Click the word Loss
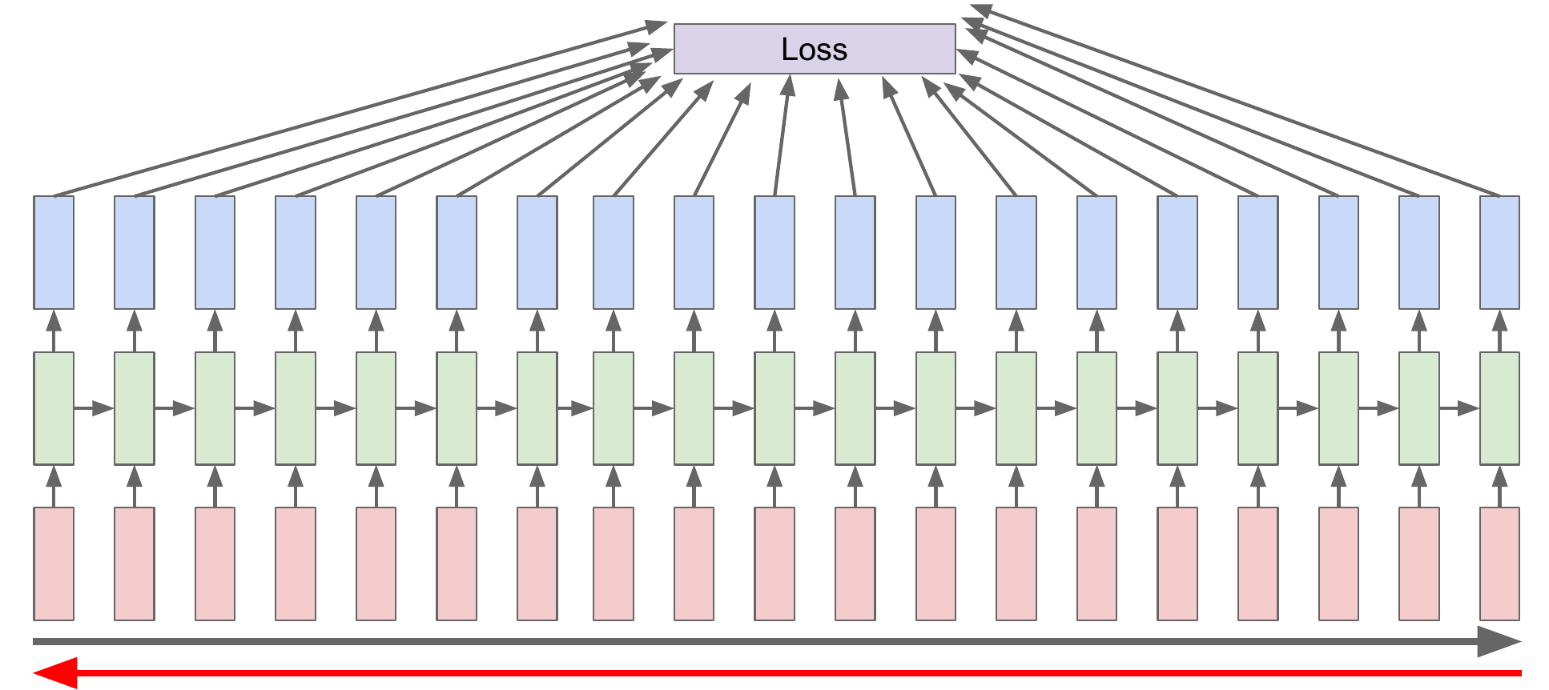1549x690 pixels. pyautogui.click(x=814, y=50)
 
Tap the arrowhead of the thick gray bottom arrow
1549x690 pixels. pyautogui.click(x=1498, y=641)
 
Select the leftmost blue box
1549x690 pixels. pyautogui.click(x=54, y=252)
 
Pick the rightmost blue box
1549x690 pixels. pyautogui.click(x=1499, y=252)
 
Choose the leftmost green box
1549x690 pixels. pyautogui.click(x=54, y=408)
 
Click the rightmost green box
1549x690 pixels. pyautogui.click(x=1499, y=408)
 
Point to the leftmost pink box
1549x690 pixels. pyautogui.click(x=54, y=564)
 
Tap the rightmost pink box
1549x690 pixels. pyautogui.click(x=1499, y=564)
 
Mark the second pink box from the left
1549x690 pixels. pyautogui.click(x=135, y=564)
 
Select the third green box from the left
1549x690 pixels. pyautogui.click(x=215, y=408)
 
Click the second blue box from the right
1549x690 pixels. pyautogui.click(x=1418, y=252)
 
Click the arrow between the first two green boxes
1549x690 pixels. pyautogui.click(x=94, y=408)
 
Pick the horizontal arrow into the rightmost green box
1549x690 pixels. pyautogui.click(x=1458, y=408)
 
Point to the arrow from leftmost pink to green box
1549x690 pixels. pyautogui.click(x=54, y=486)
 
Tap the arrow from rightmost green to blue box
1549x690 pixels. pyautogui.click(x=1499, y=330)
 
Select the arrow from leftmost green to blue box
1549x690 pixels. pyautogui.click(x=54, y=330)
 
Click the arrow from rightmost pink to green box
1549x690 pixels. pyautogui.click(x=1499, y=486)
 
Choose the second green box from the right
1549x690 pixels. pyautogui.click(x=1418, y=408)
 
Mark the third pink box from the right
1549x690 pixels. pyautogui.click(x=1338, y=564)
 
